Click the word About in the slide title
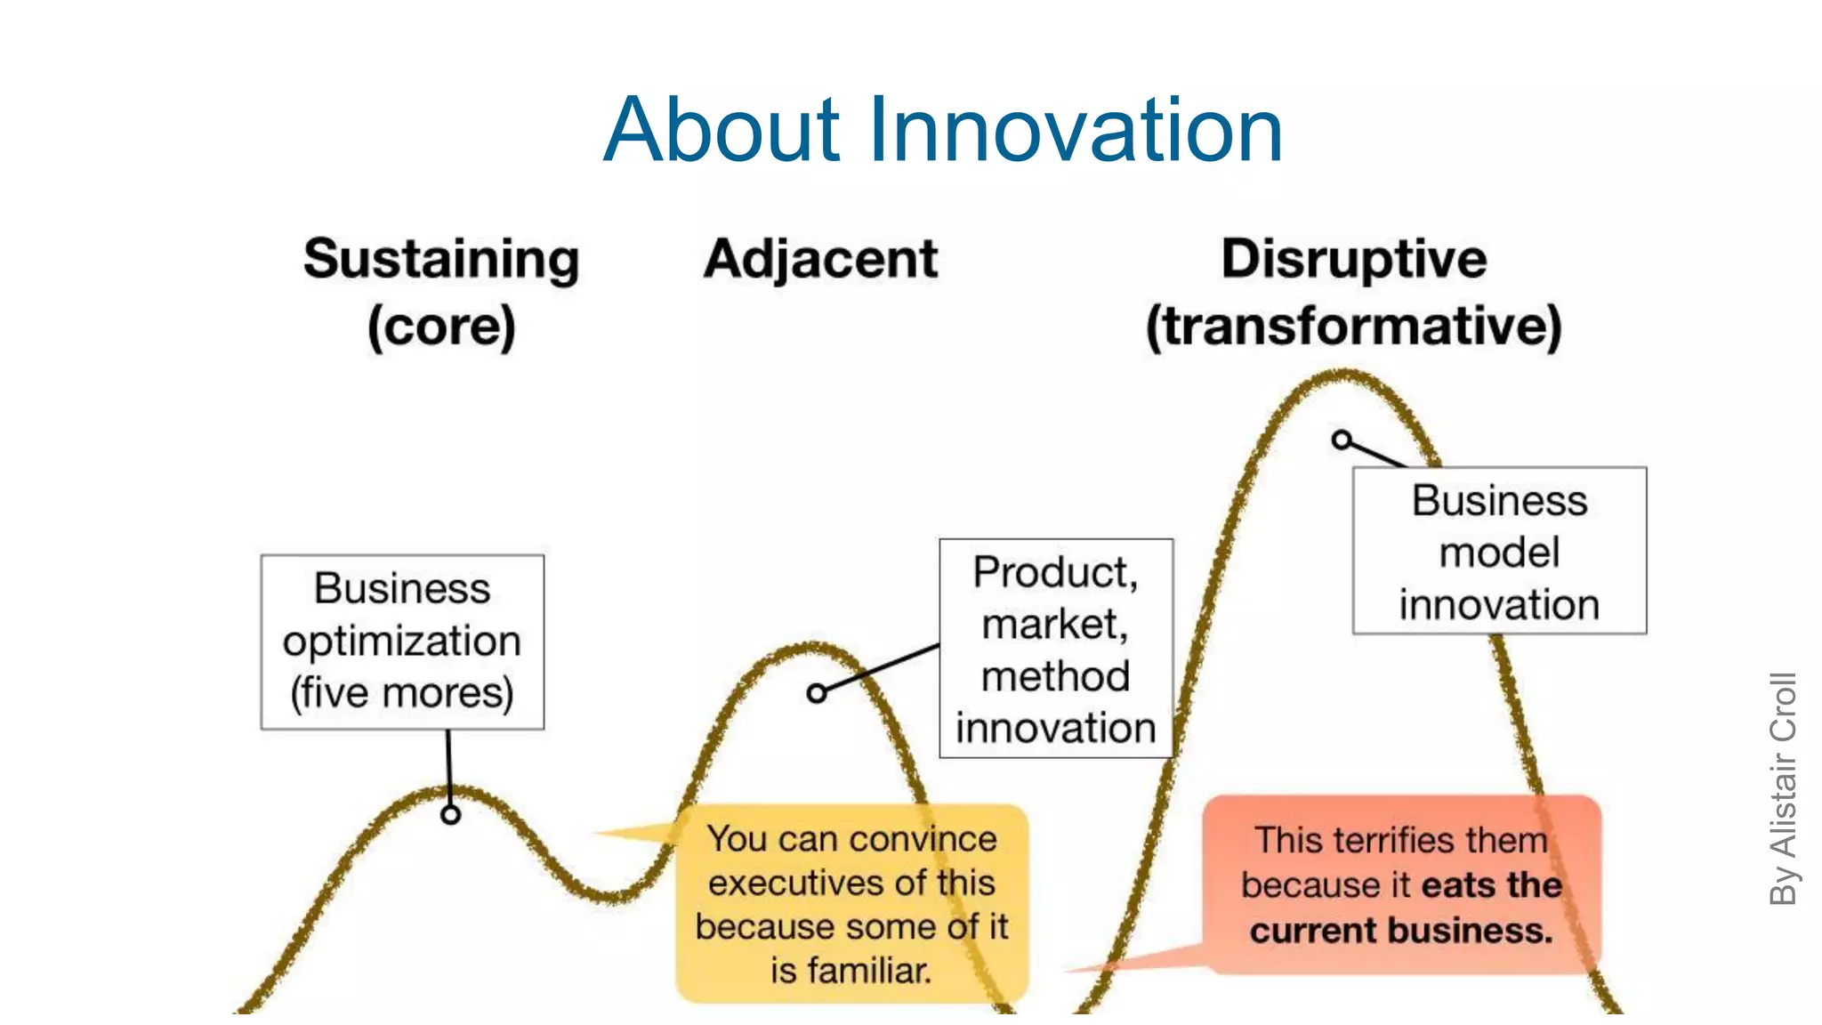721,131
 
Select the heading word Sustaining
441,260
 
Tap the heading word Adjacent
820,260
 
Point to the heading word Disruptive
1353,260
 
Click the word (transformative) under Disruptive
1353,327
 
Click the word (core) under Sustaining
441,327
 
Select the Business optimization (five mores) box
402,642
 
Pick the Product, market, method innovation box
1055,649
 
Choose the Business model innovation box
1499,551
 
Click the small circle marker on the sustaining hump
451,814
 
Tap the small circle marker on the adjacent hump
817,693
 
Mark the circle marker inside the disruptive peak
1342,440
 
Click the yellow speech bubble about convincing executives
851,903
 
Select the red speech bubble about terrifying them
1401,884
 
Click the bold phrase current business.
1401,931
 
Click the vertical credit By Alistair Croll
1783,788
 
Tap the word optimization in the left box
402,642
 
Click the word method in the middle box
1055,676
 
